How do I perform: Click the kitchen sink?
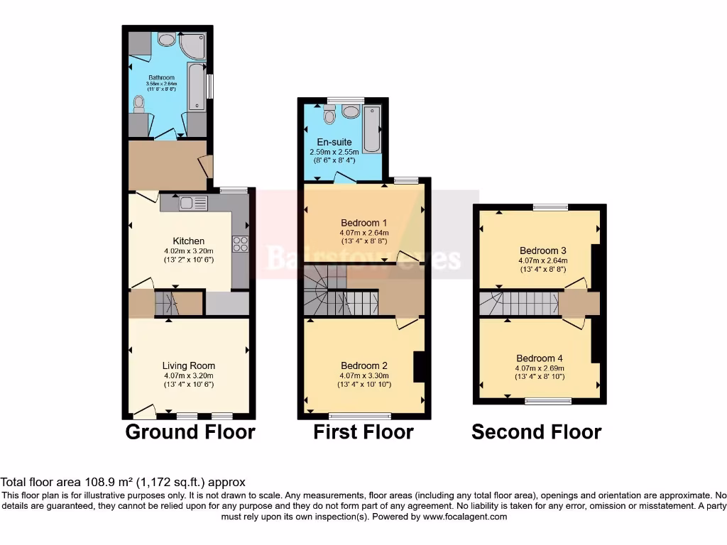click(192, 203)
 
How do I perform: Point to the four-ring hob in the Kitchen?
click(240, 243)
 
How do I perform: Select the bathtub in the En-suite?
click(371, 129)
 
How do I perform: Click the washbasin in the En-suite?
click(349, 111)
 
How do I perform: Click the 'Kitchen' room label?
click(188, 241)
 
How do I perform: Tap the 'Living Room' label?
click(188, 366)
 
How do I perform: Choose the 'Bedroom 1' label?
click(364, 223)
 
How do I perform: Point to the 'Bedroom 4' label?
click(540, 358)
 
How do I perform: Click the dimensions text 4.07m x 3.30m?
click(364, 376)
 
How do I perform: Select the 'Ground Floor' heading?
click(190, 431)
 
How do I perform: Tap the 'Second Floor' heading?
click(536, 431)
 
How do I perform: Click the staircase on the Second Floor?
click(518, 304)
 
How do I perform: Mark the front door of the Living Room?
click(145, 410)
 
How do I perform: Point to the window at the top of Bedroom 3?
click(550, 207)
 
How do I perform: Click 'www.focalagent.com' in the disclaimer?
click(464, 517)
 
